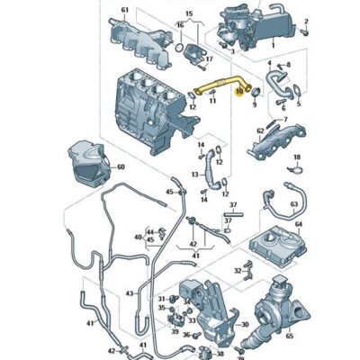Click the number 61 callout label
[x=125, y=10]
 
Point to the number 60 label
[x=121, y=168]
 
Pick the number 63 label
[x=294, y=204]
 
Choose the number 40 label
[x=139, y=238]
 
